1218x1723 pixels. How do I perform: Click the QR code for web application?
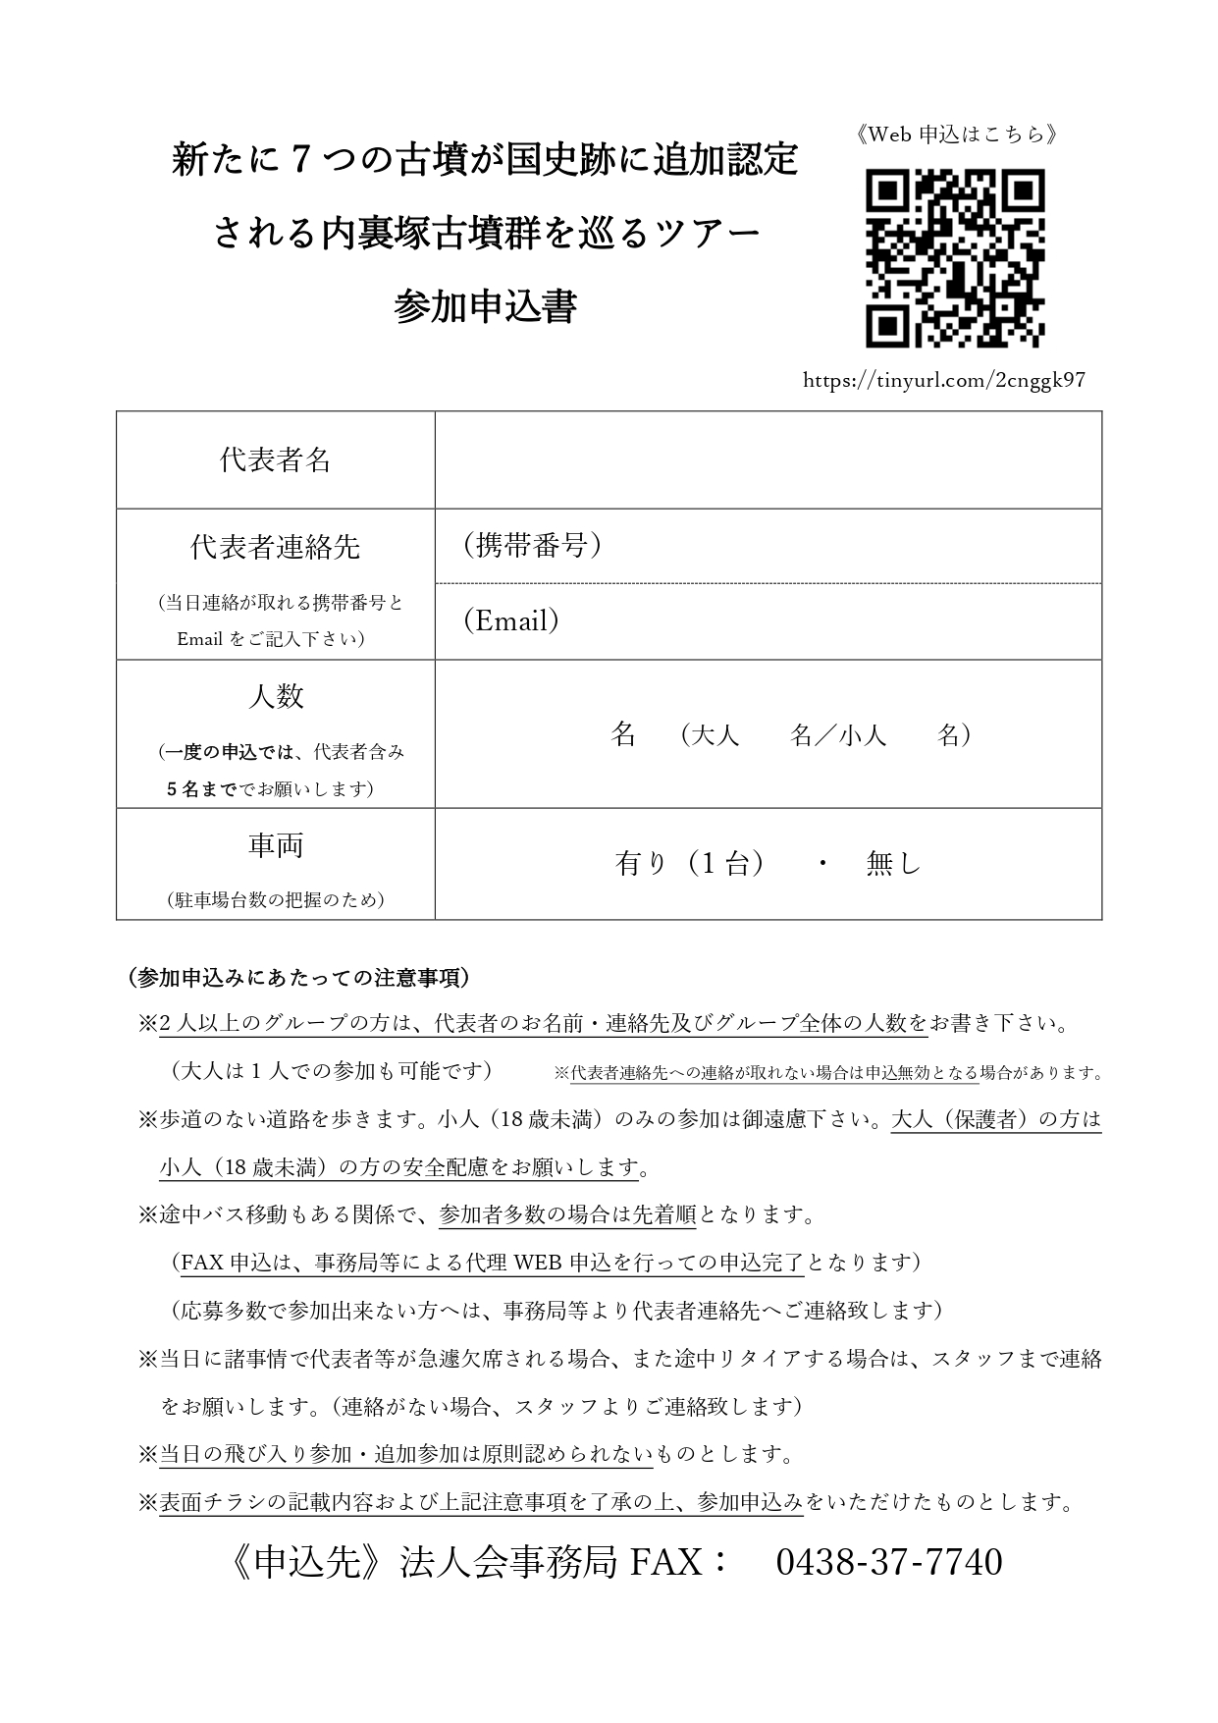click(954, 258)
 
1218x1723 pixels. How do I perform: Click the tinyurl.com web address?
click(943, 380)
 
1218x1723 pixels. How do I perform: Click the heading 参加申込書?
click(485, 306)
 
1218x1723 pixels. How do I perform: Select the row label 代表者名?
click(275, 459)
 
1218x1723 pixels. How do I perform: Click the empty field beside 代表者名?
click(768, 459)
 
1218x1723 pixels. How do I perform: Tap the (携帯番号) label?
click(531, 546)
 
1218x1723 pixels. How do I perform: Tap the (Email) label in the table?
click(511, 620)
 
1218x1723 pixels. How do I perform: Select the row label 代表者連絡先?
click(275, 547)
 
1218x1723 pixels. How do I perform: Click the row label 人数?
click(275, 696)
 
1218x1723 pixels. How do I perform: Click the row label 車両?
click(275, 845)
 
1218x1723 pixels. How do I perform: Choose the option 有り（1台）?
click(689, 863)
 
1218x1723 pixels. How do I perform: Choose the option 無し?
click(893, 863)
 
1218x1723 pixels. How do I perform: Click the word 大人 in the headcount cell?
click(715, 735)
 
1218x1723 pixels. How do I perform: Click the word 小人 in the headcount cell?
click(863, 735)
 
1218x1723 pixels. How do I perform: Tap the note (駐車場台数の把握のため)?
click(275, 899)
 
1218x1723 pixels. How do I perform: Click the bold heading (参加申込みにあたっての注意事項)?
click(299, 978)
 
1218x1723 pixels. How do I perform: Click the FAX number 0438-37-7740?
click(888, 1562)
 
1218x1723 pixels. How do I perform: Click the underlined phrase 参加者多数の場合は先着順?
click(567, 1214)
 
